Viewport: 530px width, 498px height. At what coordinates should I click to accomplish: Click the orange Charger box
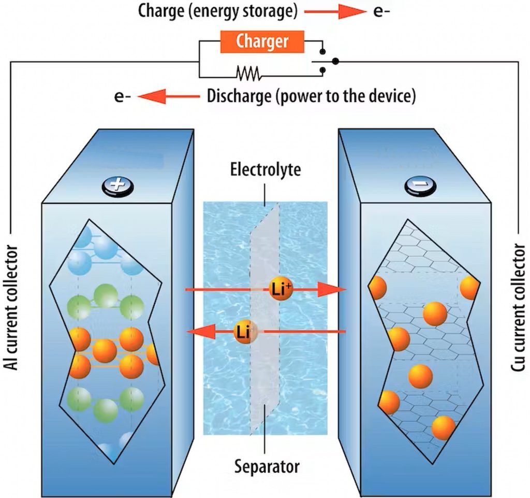coord(262,41)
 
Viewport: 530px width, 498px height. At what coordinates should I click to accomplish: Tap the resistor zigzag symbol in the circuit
coord(248,74)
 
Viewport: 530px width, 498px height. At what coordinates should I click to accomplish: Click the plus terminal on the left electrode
coord(117,185)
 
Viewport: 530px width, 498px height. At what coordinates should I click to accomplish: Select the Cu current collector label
coord(518,308)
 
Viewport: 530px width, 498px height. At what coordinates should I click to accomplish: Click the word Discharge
coord(239,96)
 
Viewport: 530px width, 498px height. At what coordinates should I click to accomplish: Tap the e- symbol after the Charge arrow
coord(381,11)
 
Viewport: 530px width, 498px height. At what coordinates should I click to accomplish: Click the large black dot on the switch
coord(335,61)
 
